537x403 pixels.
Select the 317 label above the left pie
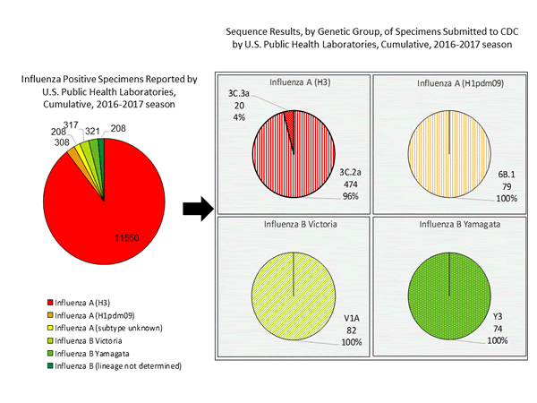coord(71,125)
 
